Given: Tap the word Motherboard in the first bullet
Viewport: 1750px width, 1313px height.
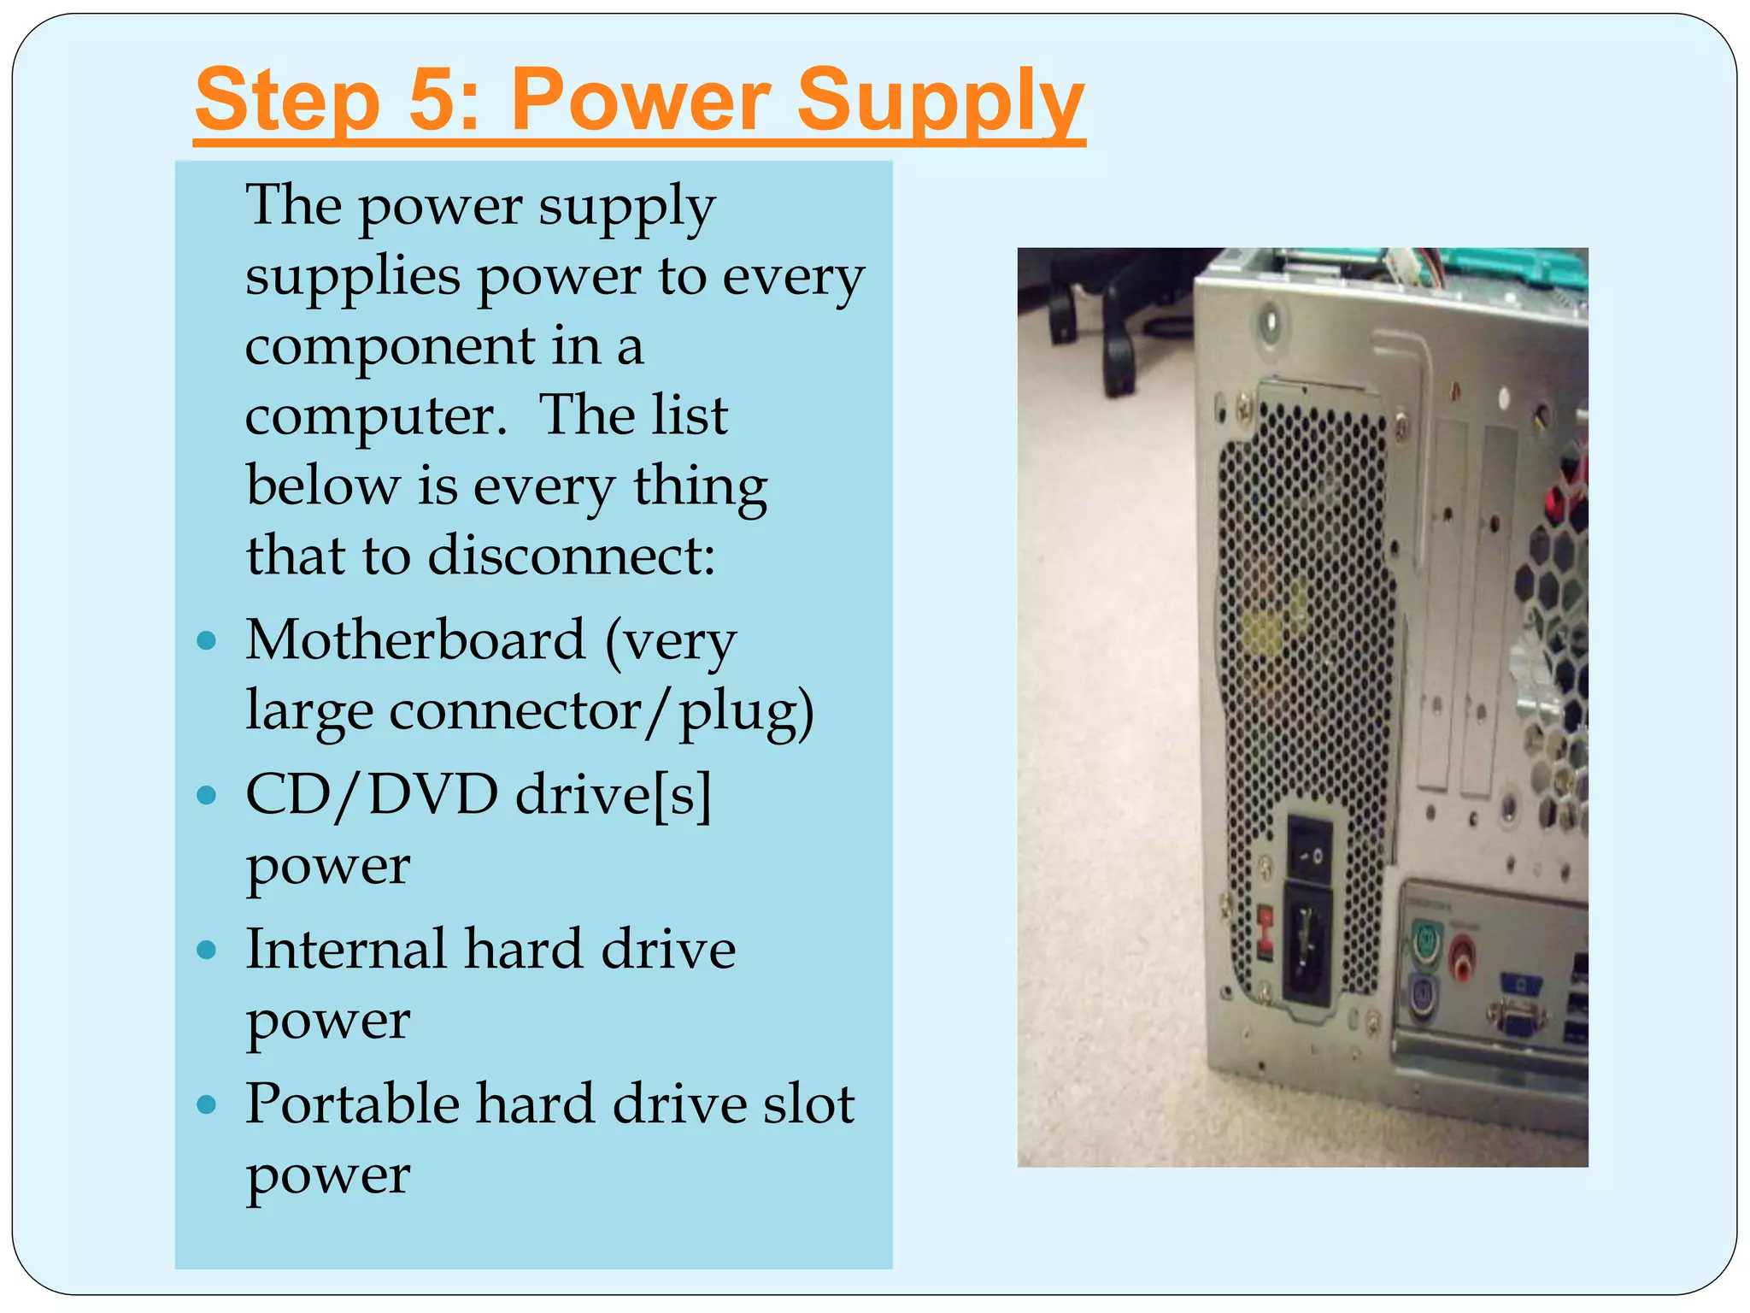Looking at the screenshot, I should pos(415,640).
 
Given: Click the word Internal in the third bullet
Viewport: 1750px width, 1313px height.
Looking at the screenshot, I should pos(345,949).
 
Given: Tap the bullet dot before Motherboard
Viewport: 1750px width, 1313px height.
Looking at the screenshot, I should pos(206,641).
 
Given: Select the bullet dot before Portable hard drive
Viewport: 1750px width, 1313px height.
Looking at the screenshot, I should pos(206,1104).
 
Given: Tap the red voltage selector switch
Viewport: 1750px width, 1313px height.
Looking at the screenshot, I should pos(1266,930).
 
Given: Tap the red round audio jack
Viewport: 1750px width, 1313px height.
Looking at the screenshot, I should pos(1464,951).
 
